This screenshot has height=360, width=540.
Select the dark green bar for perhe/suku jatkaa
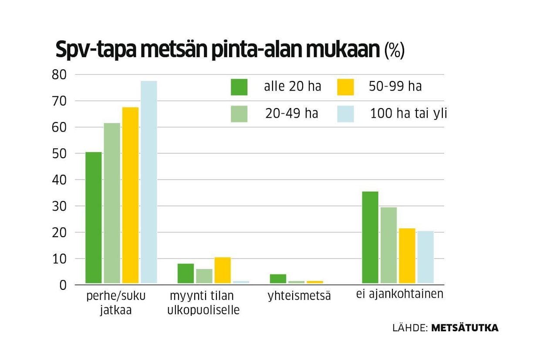pos(94,218)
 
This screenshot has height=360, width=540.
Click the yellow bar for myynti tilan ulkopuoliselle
pos(223,271)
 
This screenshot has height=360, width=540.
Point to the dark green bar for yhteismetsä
pos(278,279)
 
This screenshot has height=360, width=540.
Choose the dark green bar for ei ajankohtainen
pos(370,238)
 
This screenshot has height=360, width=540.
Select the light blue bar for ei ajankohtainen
pos(425,257)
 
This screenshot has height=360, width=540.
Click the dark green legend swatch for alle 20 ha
pos(239,87)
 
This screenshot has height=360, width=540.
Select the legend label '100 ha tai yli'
pos(408,114)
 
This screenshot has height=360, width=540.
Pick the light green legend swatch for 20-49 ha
pos(239,114)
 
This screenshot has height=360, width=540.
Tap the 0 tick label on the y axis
pos(63,285)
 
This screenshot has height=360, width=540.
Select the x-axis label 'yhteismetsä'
pos(299,296)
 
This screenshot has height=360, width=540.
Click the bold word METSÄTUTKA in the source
pos(465,328)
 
